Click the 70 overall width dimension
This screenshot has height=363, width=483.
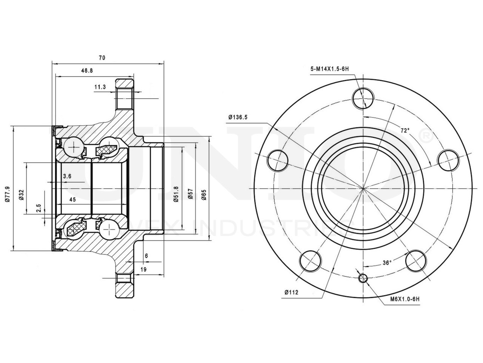point(102,58)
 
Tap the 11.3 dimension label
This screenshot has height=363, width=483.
point(100,87)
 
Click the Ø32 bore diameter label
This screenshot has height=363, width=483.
point(22,194)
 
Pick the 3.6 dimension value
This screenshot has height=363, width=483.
point(67,176)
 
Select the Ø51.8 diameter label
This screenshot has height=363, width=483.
point(176,194)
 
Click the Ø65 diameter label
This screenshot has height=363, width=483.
point(204,194)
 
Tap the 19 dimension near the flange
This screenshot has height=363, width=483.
point(143,269)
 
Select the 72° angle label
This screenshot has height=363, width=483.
point(405,130)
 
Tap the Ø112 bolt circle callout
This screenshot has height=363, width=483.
point(292,292)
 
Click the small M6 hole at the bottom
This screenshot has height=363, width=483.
point(363,278)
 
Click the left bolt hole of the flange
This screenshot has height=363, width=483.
point(277,160)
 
